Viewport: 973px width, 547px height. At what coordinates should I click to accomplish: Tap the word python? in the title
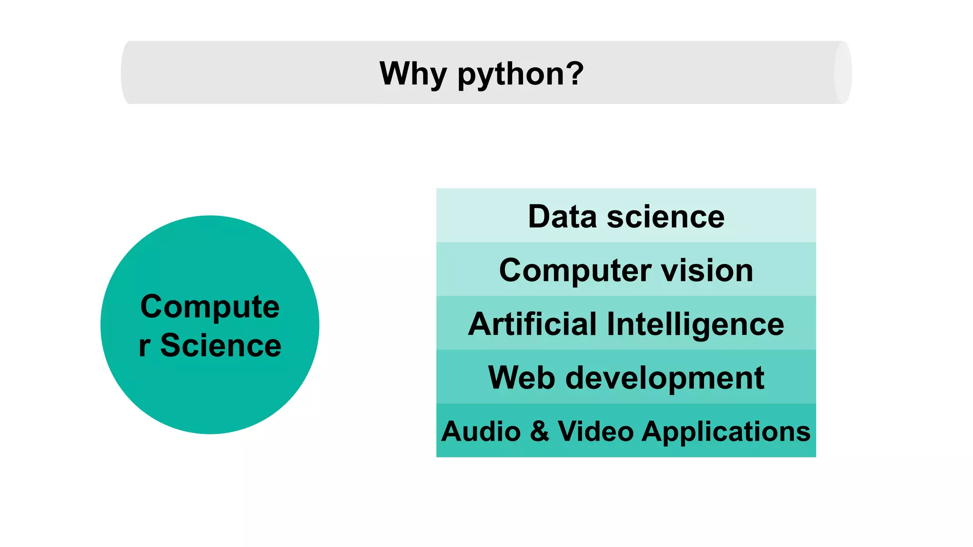(520, 75)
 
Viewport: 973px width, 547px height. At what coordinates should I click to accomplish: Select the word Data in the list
(562, 217)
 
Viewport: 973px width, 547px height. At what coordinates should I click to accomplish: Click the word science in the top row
(666, 217)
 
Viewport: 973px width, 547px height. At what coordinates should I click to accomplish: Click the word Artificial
(532, 324)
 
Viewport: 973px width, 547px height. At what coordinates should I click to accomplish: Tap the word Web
(521, 378)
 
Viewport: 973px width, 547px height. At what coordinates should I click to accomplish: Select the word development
(665, 379)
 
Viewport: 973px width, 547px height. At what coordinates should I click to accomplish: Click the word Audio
(481, 432)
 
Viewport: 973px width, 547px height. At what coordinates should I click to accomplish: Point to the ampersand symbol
(539, 431)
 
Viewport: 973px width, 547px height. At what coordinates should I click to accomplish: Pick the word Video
(596, 431)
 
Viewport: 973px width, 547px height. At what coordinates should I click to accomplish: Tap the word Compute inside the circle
(210, 307)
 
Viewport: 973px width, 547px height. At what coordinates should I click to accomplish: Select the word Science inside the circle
(221, 345)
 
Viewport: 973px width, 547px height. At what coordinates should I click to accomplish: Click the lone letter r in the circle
(144, 346)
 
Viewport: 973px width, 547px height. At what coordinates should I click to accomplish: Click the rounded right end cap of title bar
(843, 73)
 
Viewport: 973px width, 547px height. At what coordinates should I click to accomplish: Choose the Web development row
(626, 377)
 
